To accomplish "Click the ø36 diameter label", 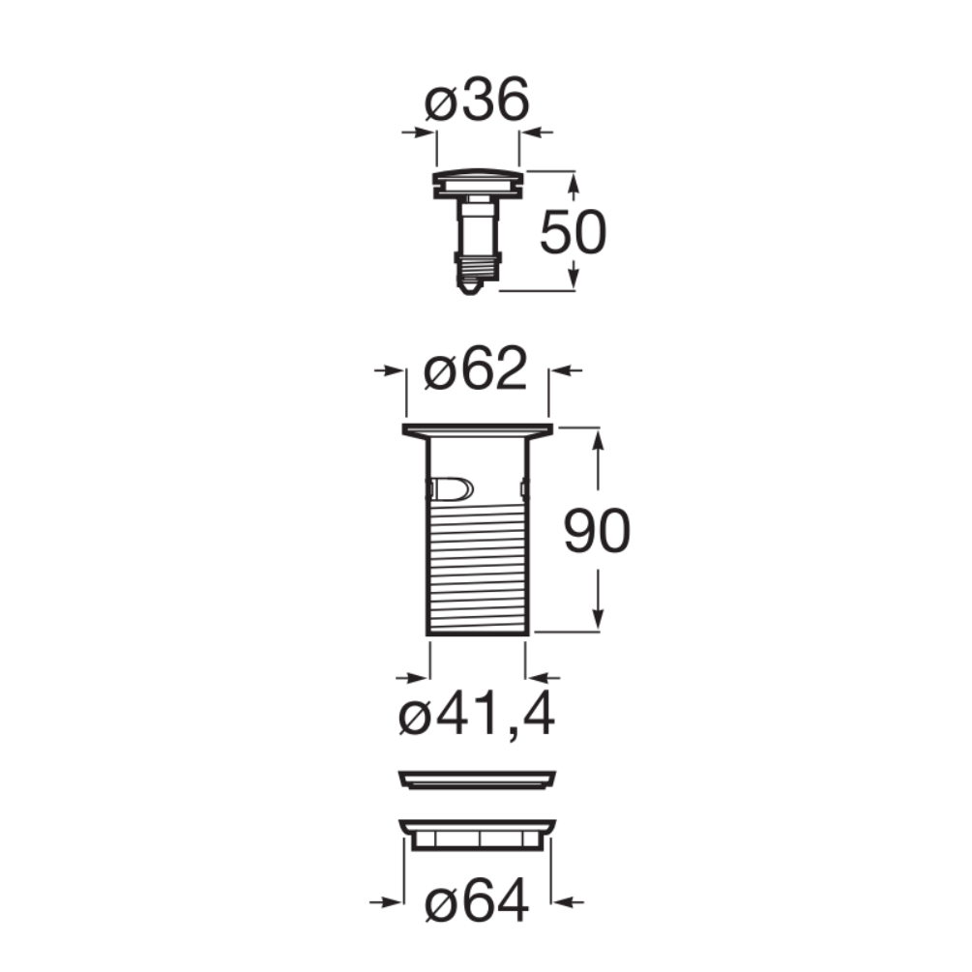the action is [477, 100].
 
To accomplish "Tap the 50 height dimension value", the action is [573, 232].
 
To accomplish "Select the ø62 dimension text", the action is [476, 368].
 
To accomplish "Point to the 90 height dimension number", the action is [597, 531].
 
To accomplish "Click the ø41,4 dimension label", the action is [476, 714].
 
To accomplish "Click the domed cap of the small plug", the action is [478, 178].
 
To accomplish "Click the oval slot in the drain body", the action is [452, 488].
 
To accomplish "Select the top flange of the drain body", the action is [478, 430].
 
